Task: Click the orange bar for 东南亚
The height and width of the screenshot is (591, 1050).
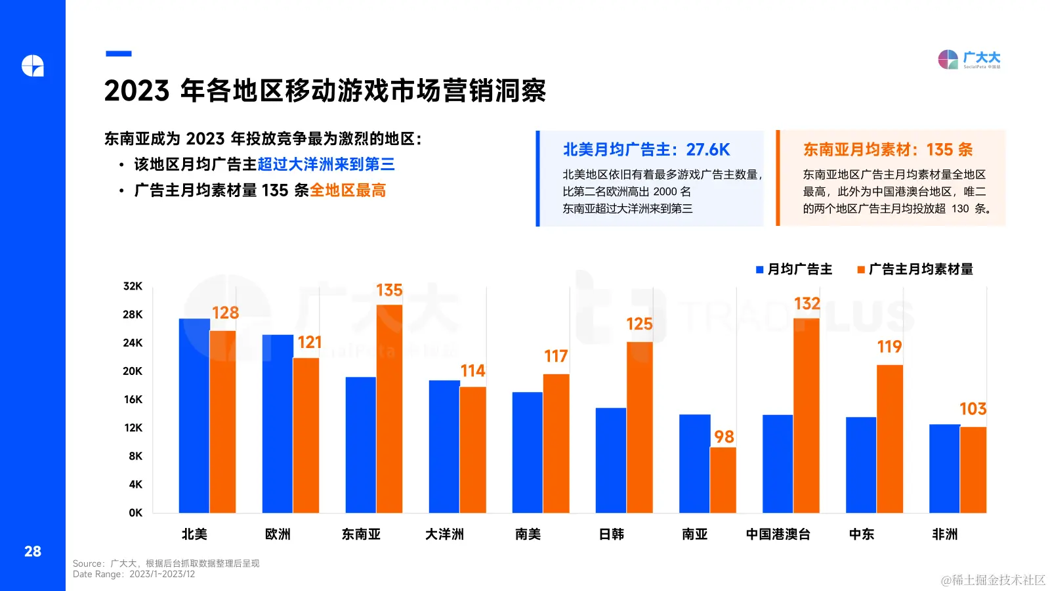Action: tap(389, 408)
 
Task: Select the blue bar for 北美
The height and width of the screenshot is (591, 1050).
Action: tap(194, 415)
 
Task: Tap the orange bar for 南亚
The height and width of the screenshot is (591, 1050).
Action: tap(723, 479)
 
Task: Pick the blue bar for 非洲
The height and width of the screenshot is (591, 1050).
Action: tap(944, 468)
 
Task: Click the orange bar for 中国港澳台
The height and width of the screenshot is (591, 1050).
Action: tap(807, 415)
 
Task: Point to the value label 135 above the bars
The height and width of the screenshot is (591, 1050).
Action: tap(389, 290)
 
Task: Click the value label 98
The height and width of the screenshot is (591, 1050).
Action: tap(724, 437)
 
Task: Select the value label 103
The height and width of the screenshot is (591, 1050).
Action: tap(973, 409)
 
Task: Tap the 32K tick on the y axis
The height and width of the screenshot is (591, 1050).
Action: tap(133, 286)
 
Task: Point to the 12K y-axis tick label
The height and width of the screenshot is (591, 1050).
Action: tap(133, 427)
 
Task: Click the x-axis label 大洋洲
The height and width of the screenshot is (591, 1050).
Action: tap(444, 534)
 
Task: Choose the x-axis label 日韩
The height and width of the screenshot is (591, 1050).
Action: tap(612, 534)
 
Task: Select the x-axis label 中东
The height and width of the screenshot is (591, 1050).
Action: tap(862, 534)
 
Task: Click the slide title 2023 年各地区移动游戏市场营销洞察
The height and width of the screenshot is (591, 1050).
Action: tap(325, 91)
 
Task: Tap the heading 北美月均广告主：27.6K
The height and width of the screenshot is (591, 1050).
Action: tap(646, 150)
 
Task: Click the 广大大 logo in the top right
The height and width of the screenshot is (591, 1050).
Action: tap(969, 60)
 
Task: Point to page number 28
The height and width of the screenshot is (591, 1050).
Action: tap(33, 552)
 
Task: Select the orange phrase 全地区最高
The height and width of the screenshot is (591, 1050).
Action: tap(348, 190)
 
